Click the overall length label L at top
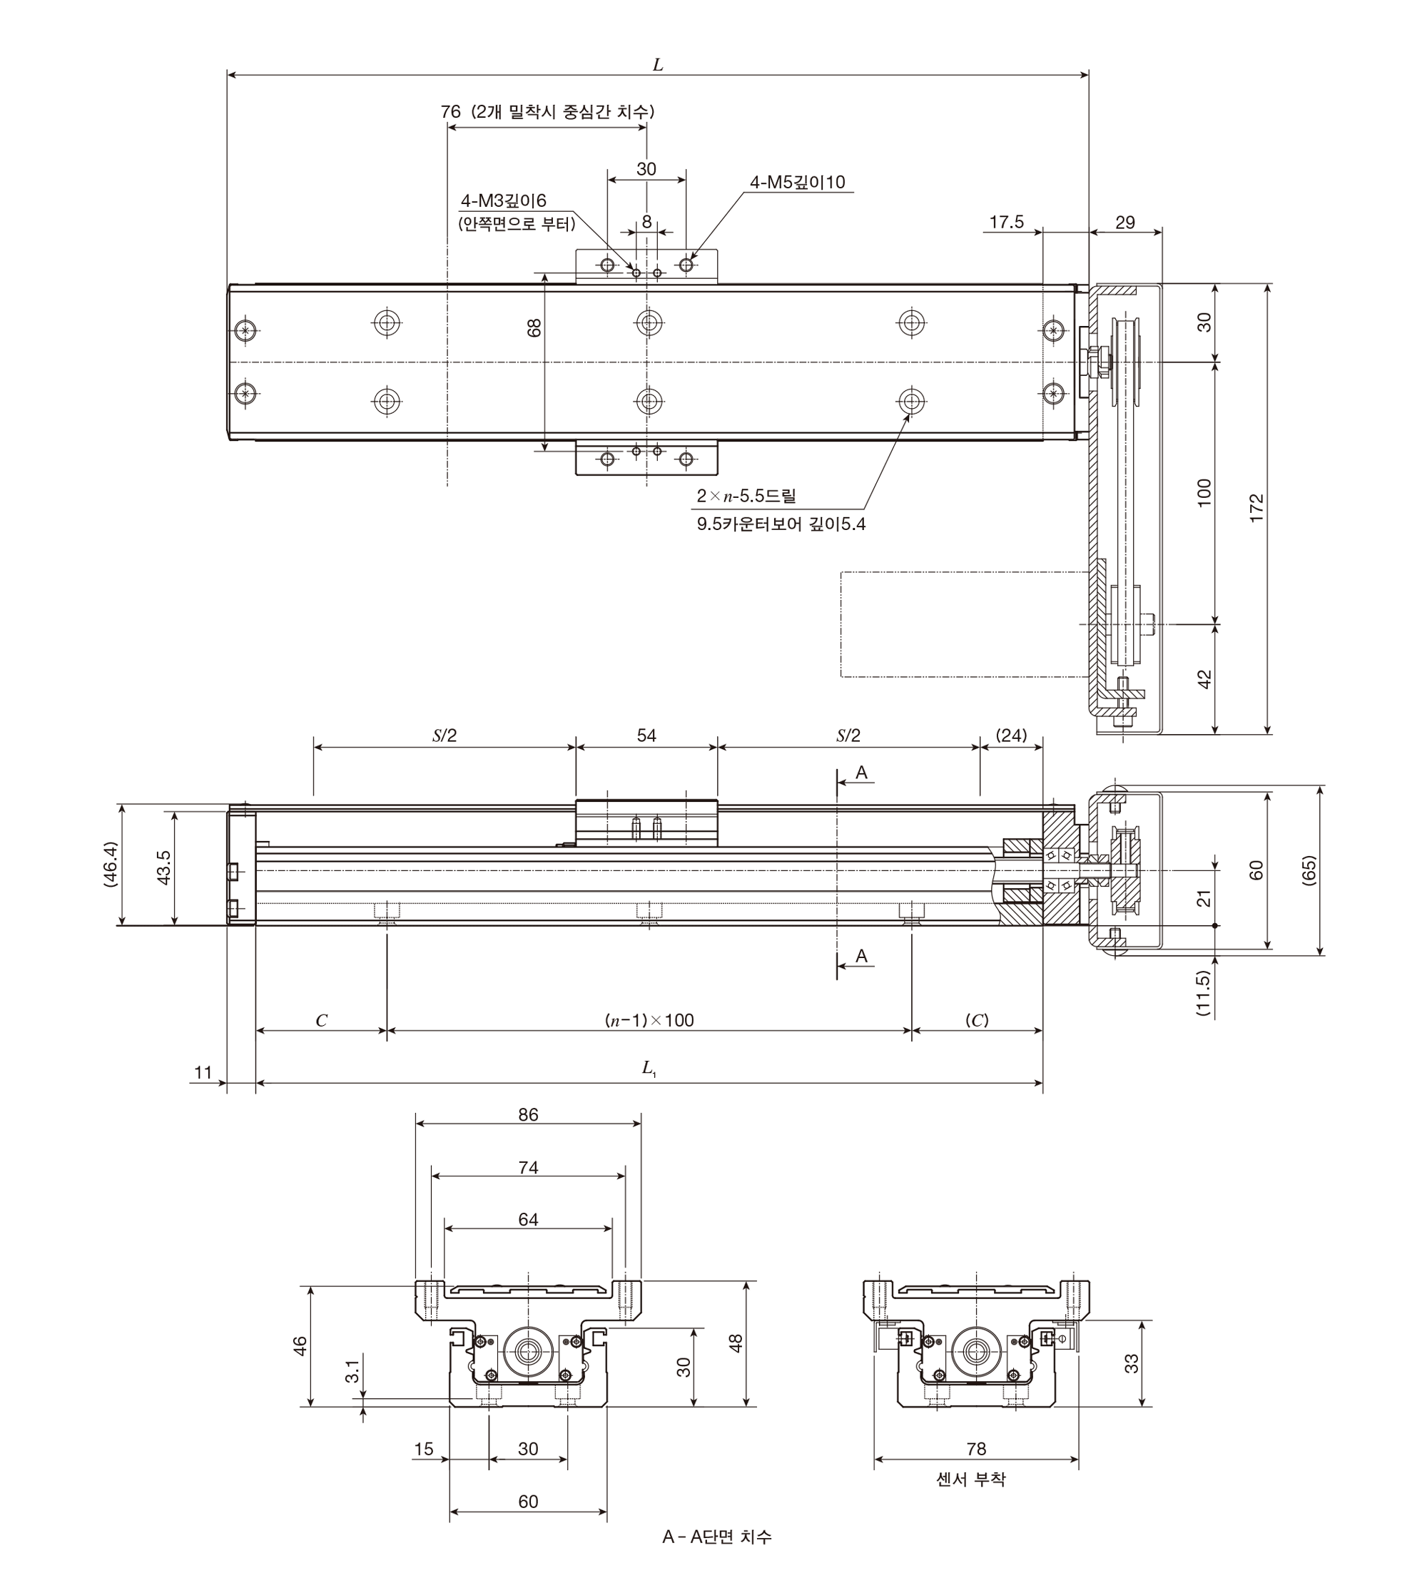tap(658, 65)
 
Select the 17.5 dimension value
tap(1007, 223)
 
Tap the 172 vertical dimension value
tap(1256, 509)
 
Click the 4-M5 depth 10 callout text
tap(798, 183)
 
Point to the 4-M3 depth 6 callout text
tap(504, 202)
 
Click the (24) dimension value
tap(1011, 735)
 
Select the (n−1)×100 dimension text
tap(649, 1020)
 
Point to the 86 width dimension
tap(528, 1114)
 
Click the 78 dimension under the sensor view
tap(976, 1449)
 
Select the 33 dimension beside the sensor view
tap(1132, 1363)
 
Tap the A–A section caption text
tap(717, 1537)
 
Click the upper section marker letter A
tap(861, 773)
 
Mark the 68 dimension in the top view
tap(534, 327)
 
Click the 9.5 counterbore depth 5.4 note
tap(781, 524)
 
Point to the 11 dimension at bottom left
tap(203, 1072)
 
